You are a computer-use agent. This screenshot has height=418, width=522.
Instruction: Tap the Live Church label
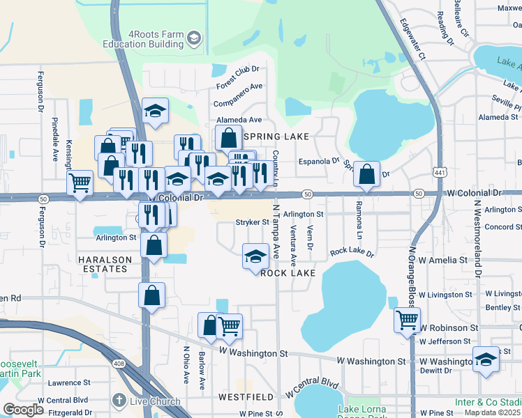pyautogui.click(x=154, y=401)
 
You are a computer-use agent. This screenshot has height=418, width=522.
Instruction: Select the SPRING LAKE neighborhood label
pyautogui.click(x=274, y=137)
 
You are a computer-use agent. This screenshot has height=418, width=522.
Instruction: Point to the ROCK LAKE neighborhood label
pyautogui.click(x=288, y=273)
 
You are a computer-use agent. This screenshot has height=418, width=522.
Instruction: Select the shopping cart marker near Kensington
pyautogui.click(x=80, y=183)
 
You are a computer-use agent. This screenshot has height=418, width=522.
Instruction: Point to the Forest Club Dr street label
pyautogui.click(x=237, y=77)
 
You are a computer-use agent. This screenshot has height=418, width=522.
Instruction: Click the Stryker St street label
pyautogui.click(x=252, y=222)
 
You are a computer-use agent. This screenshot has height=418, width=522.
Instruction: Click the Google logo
pyautogui.click(x=23, y=410)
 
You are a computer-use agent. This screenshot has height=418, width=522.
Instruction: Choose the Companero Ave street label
pyautogui.click(x=238, y=95)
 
